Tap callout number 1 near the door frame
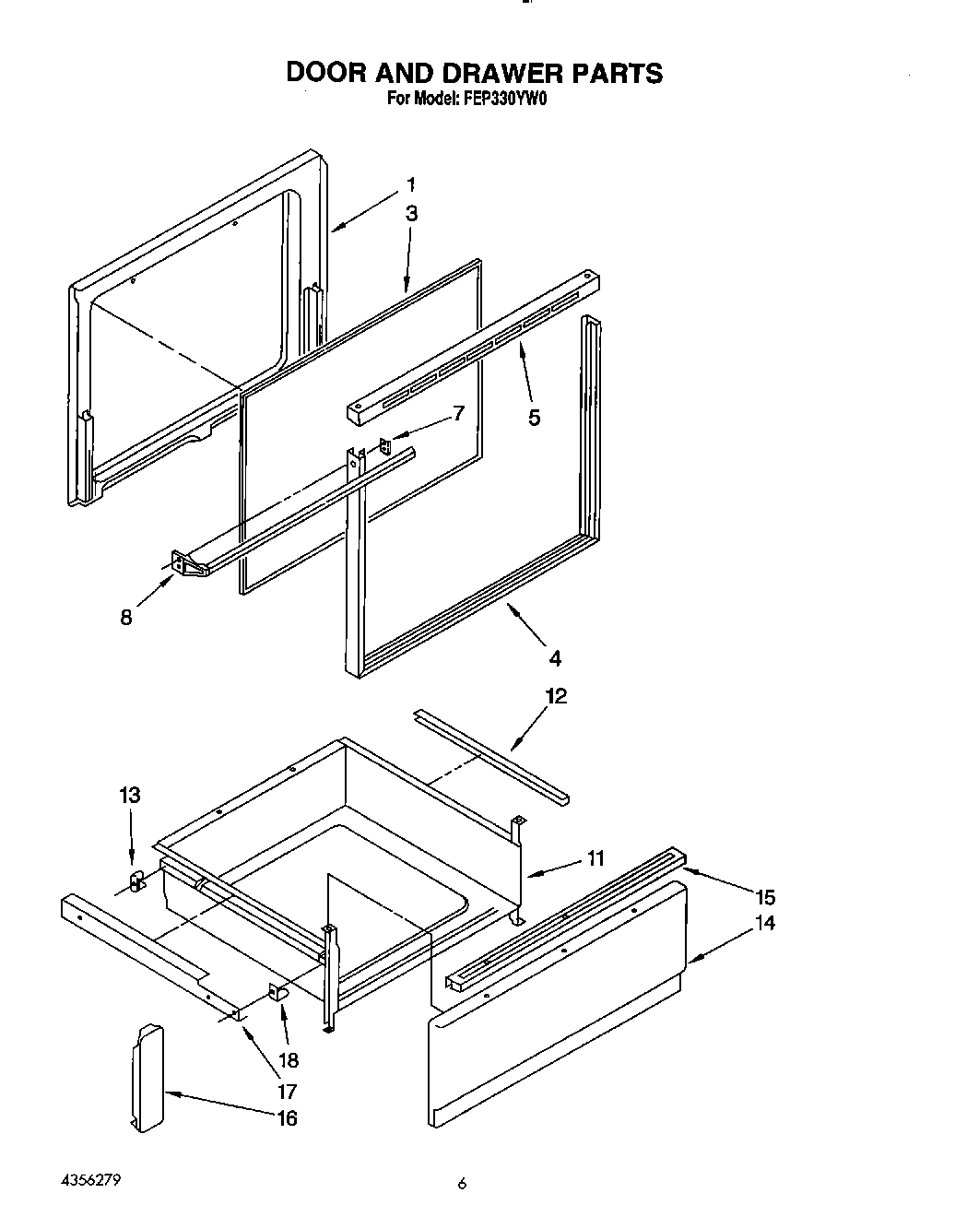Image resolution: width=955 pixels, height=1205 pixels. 411,183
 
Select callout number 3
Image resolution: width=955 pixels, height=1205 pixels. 411,214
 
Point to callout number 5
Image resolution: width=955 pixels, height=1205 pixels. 534,418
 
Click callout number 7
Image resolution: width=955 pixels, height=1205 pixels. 457,413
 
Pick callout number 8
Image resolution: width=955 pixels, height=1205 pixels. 126,618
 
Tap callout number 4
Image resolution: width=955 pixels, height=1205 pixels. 555,658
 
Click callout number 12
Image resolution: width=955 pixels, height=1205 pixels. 555,696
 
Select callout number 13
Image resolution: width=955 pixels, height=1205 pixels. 130,795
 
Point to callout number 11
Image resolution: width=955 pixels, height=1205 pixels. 595,858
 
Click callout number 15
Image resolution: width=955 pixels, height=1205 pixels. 764,897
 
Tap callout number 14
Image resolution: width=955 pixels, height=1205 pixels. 764,923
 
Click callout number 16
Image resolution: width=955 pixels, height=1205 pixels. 287,1117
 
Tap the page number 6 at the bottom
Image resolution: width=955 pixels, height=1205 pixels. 463,1184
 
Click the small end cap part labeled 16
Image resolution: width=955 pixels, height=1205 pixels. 147,1077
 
